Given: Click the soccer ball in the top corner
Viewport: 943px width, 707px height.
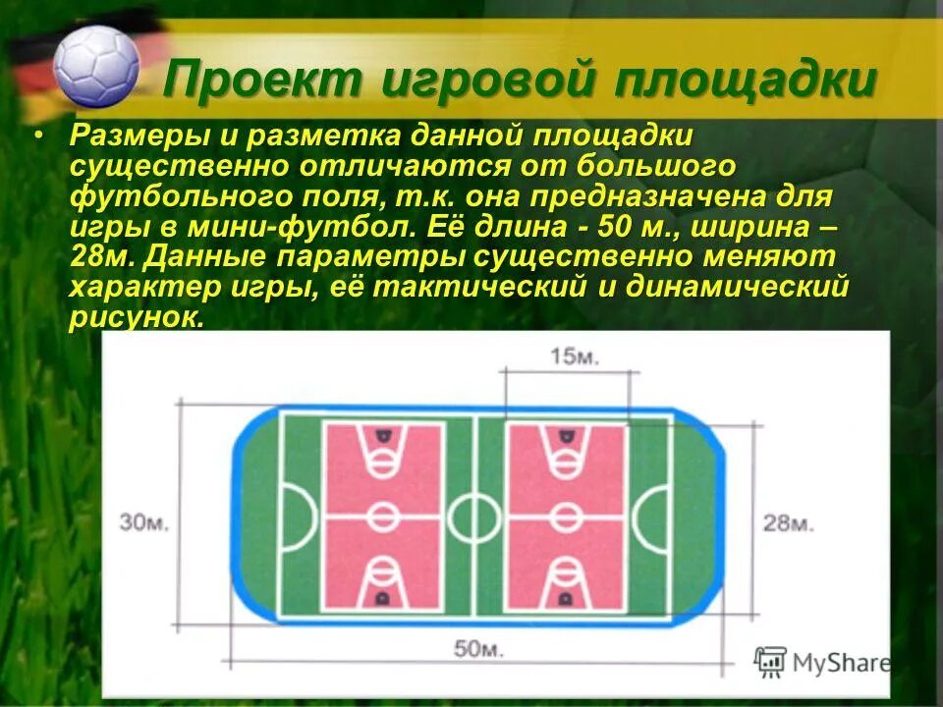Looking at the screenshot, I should pyautogui.click(x=96, y=66).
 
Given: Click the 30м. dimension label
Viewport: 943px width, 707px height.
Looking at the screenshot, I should pyautogui.click(x=144, y=521).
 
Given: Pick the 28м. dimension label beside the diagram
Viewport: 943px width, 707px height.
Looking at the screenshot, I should pyautogui.click(x=788, y=522).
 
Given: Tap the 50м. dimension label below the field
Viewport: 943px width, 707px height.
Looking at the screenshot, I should pyautogui.click(x=476, y=648).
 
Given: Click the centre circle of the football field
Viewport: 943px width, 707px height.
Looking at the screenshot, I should pyautogui.click(x=475, y=515).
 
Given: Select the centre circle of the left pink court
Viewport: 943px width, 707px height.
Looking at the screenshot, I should pyautogui.click(x=383, y=516).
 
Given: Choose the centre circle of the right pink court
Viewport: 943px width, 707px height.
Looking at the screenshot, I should pyautogui.click(x=564, y=516).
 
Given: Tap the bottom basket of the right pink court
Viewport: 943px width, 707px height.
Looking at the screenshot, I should pyautogui.click(x=564, y=595).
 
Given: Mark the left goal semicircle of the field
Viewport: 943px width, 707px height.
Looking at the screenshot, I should pyautogui.click(x=297, y=516).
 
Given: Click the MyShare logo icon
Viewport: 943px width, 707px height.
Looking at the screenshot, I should pyautogui.click(x=772, y=661).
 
